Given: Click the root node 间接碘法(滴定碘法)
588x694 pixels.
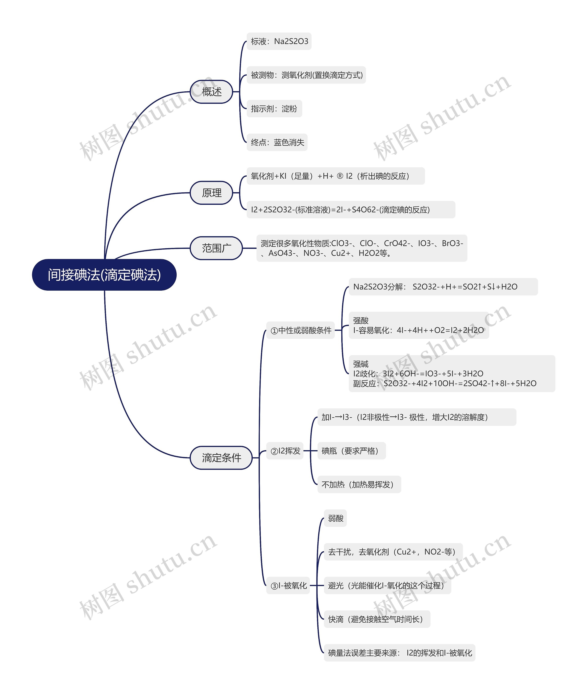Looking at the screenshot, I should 104,275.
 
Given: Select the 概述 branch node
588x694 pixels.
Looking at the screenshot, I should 211,92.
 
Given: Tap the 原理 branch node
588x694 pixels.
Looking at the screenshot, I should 211,193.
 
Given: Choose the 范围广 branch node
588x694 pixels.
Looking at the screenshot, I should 216,248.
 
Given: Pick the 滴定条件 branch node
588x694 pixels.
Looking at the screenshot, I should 221,458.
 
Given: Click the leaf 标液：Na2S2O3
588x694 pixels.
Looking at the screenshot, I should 279,41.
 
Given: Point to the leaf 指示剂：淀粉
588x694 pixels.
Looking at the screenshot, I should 274,109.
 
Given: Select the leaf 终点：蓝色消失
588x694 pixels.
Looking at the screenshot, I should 277,142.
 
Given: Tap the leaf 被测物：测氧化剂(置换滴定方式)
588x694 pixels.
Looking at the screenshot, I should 306,75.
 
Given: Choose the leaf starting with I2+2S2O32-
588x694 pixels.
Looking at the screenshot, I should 351,210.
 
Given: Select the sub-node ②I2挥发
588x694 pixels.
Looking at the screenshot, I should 285,451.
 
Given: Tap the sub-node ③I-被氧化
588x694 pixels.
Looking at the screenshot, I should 288,585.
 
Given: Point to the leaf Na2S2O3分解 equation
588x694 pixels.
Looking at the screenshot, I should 443,287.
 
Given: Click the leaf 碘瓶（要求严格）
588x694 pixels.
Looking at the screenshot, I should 351,451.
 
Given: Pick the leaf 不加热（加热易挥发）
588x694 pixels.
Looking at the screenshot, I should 359,484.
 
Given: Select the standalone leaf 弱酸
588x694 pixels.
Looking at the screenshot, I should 335,518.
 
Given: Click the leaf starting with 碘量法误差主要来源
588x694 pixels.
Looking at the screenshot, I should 399,653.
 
